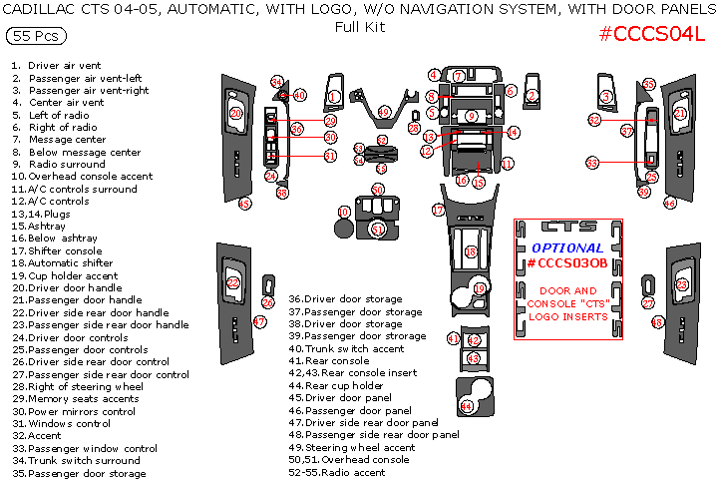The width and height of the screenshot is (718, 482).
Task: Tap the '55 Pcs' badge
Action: coord(37,36)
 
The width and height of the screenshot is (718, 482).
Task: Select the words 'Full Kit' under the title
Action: coord(360,27)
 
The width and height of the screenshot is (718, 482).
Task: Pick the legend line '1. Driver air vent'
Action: coord(57,65)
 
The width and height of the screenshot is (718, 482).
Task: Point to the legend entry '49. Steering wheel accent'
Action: coord(351,447)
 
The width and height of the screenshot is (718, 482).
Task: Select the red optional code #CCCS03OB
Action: coord(566,263)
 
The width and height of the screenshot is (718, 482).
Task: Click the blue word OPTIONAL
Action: coord(566,247)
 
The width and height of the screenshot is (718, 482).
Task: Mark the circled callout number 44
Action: coord(467,406)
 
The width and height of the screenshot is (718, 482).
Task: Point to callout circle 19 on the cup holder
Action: coord(480,288)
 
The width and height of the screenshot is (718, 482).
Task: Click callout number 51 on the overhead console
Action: coord(378,229)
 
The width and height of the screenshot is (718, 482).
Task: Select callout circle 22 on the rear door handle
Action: coord(233,282)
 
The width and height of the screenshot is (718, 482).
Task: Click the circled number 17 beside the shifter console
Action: coord(438,210)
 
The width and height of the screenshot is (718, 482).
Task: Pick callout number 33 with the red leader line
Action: coord(592,162)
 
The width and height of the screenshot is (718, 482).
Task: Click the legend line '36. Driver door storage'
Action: coord(345,298)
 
